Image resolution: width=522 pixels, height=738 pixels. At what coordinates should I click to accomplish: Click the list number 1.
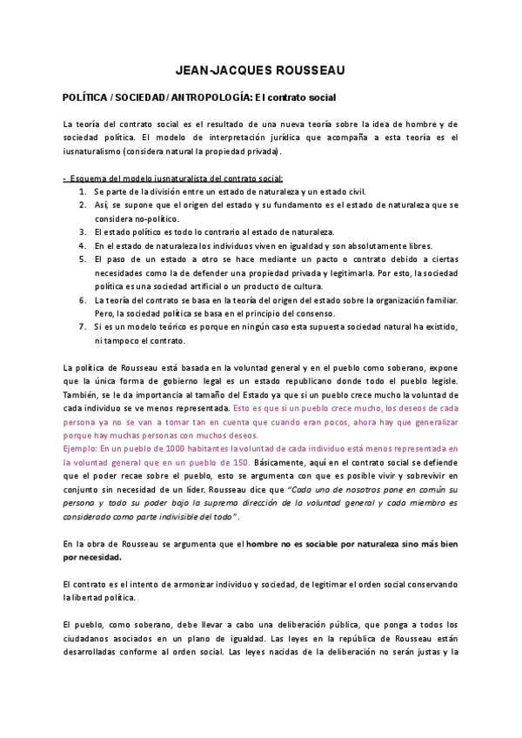coord(83,191)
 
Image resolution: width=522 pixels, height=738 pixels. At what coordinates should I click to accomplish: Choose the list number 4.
coord(83,246)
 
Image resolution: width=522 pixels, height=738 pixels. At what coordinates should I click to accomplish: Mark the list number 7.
coord(83,326)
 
